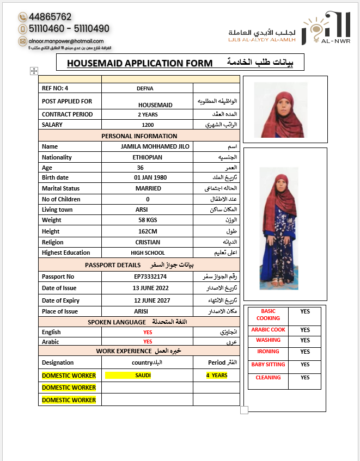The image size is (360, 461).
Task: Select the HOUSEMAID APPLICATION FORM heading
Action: (x=139, y=63)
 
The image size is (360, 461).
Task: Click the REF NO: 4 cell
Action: (x=55, y=88)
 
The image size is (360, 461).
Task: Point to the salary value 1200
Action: (x=148, y=125)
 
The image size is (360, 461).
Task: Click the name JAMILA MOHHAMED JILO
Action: (x=148, y=146)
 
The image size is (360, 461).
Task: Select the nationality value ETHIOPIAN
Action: (x=148, y=157)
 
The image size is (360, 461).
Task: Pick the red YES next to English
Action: (x=148, y=332)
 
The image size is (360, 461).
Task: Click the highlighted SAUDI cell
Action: (x=144, y=376)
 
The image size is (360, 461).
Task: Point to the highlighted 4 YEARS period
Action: (x=217, y=376)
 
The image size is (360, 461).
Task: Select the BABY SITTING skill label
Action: (x=268, y=365)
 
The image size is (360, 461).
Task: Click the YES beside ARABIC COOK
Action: (x=304, y=330)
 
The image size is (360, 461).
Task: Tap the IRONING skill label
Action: (x=268, y=352)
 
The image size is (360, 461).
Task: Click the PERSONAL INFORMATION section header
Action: (x=139, y=136)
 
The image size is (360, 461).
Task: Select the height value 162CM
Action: (x=148, y=231)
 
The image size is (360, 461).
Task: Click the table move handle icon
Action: (x=34, y=71)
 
